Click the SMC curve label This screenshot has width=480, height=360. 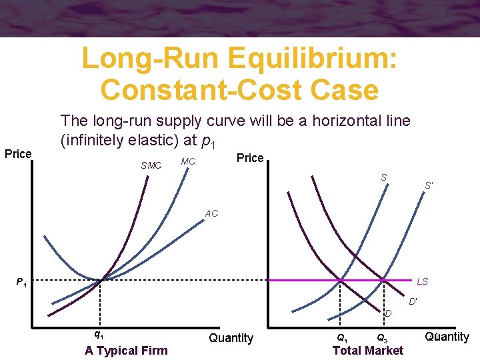point(151,165)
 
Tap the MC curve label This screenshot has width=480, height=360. point(188,162)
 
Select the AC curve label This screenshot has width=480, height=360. point(211,214)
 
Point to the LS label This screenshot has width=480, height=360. point(422,281)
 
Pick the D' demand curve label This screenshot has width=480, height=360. point(413,301)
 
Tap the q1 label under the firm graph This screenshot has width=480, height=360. point(98,335)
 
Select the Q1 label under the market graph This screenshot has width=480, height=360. point(341,337)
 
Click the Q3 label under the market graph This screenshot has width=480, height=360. point(383,337)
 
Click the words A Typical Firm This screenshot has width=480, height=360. point(126,351)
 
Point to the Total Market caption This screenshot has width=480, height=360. point(368,351)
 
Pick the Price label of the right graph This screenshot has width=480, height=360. point(251,158)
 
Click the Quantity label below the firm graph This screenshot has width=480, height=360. point(231,338)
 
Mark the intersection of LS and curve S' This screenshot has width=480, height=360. point(384,280)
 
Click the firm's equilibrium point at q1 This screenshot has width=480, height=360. point(100,280)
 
